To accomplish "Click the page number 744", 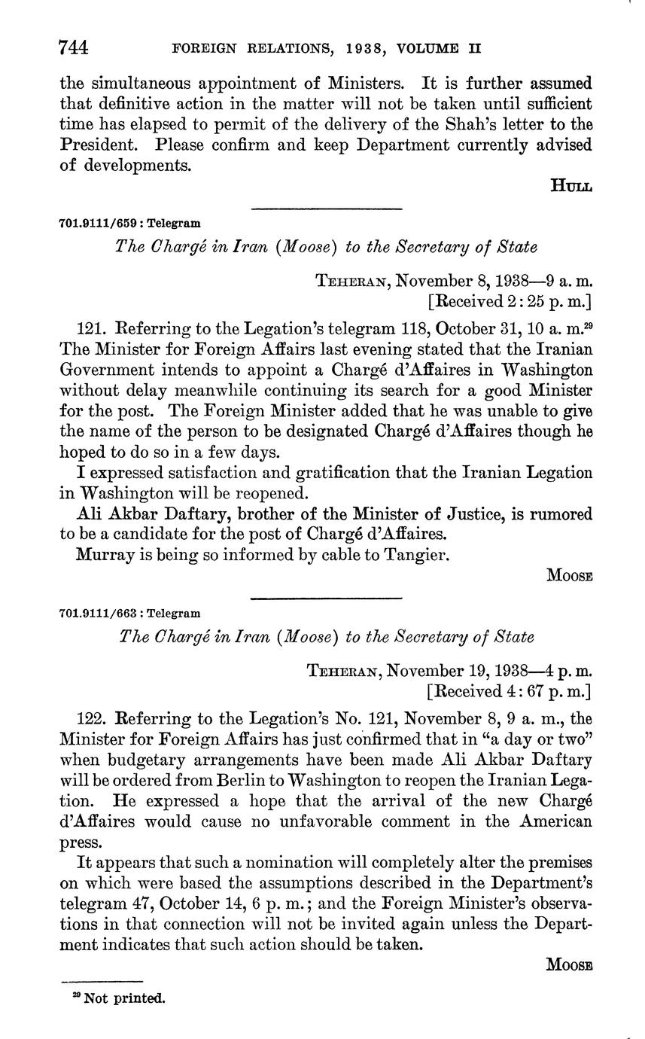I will tap(75, 47).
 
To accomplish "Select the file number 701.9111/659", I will tap(101, 223).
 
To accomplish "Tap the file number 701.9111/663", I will tap(101, 613).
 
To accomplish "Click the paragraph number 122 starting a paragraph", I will tap(90, 718).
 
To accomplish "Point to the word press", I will tap(77, 842).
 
